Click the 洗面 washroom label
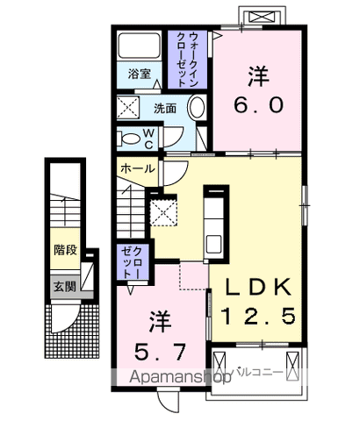click(x=165, y=110)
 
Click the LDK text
click(x=261, y=289)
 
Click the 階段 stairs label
click(x=64, y=250)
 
